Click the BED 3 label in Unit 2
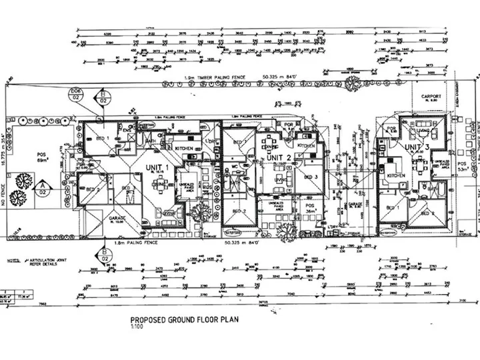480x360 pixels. tap(311, 177)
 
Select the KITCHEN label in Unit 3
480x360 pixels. tap(397, 174)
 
